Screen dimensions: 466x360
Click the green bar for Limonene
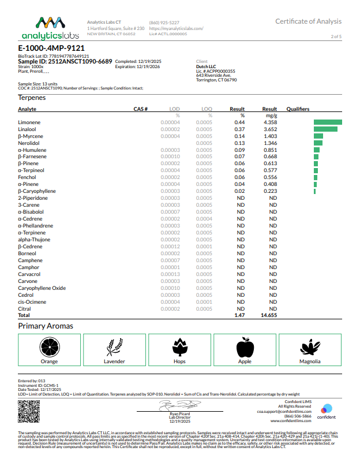tap(328, 122)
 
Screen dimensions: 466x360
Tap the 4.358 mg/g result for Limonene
tap(269, 122)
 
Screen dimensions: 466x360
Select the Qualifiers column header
tap(298, 109)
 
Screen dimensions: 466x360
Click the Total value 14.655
tap(269, 316)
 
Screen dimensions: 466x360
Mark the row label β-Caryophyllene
tap(37, 191)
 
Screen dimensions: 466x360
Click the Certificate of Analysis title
tap(308, 21)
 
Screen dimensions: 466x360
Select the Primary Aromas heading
tap(46, 326)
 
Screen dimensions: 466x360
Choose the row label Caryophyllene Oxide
tap(42, 288)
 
